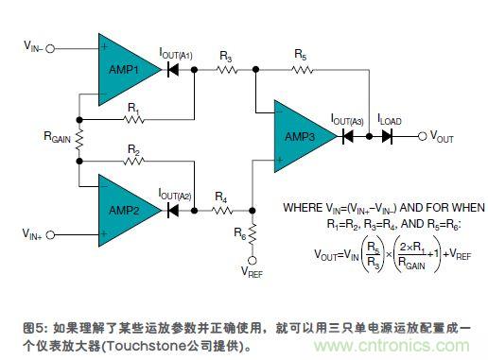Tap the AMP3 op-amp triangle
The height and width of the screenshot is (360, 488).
click(301, 136)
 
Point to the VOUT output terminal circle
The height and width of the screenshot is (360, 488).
click(422, 136)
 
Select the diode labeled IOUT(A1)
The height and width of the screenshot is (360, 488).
click(174, 70)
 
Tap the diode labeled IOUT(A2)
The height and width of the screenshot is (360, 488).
click(174, 210)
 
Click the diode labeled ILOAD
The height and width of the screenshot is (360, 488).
click(388, 136)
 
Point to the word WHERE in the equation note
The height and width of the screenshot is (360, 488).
click(304, 207)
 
